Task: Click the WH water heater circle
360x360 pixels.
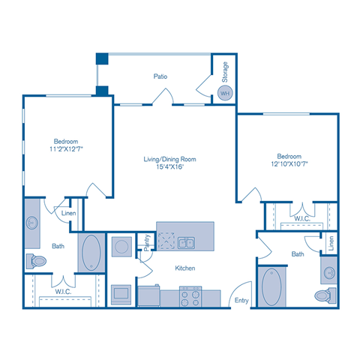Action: click(224, 92)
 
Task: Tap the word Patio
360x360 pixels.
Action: click(159, 76)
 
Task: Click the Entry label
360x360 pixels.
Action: click(242, 300)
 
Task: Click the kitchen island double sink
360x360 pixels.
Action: click(187, 242)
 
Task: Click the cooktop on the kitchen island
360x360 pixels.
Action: click(166, 242)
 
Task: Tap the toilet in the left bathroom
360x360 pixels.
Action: click(35, 261)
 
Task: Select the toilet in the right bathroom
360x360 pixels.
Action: click(325, 294)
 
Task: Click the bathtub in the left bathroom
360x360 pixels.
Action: click(91, 253)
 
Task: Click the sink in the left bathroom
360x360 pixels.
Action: click(32, 223)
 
